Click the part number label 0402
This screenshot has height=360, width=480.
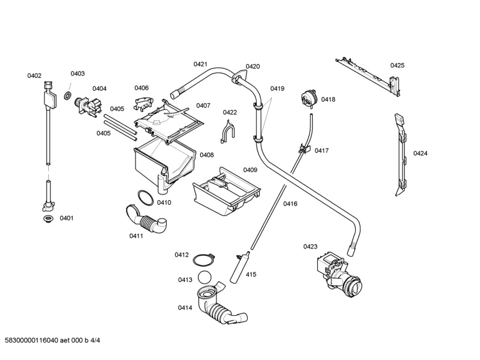click(34, 75)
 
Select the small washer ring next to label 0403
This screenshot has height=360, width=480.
click(67, 95)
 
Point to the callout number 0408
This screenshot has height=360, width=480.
click(207, 155)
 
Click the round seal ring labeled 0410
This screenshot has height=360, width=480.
click(146, 198)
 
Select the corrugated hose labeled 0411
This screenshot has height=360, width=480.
click(146, 220)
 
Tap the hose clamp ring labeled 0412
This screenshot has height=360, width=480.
click(203, 260)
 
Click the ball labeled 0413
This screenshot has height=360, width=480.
click(205, 278)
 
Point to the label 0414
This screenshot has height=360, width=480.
click(185, 308)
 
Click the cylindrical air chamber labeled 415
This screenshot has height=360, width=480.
click(240, 267)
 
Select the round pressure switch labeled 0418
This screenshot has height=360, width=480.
click(308, 98)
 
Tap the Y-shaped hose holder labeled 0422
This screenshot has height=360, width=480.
click(228, 132)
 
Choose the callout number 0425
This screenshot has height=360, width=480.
click(397, 65)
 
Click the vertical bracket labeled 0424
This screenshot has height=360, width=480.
click(401, 155)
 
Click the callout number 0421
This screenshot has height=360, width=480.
click(200, 64)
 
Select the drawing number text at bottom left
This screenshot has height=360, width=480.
click(52, 340)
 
